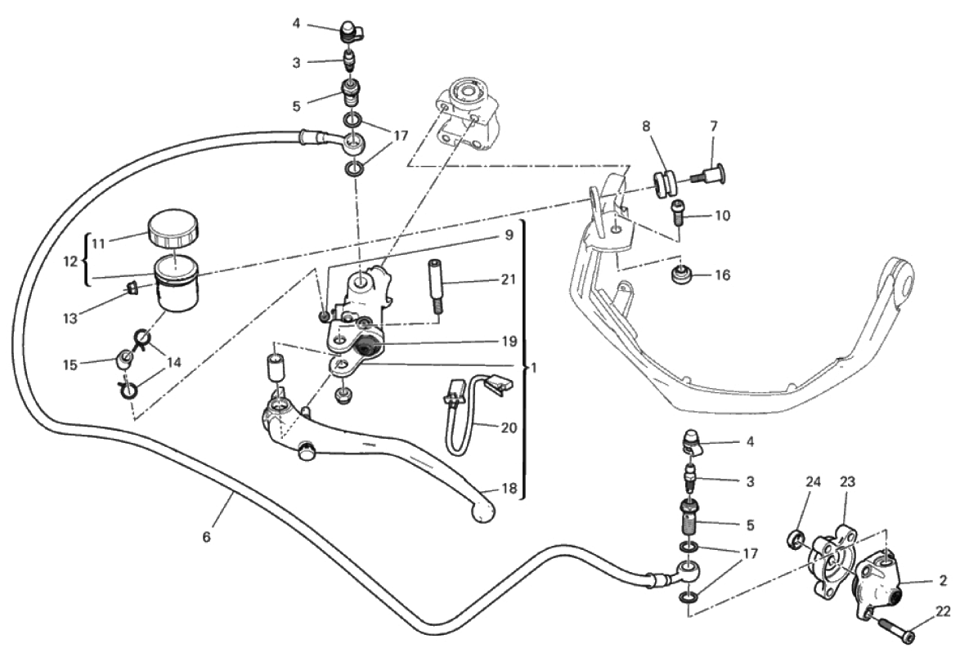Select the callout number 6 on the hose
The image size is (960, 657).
(206, 537)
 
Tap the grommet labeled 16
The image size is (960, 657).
(680, 276)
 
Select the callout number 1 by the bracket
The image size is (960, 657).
(533, 367)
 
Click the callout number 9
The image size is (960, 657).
(508, 235)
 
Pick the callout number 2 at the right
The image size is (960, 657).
(943, 581)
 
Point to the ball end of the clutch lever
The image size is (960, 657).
(483, 511)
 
